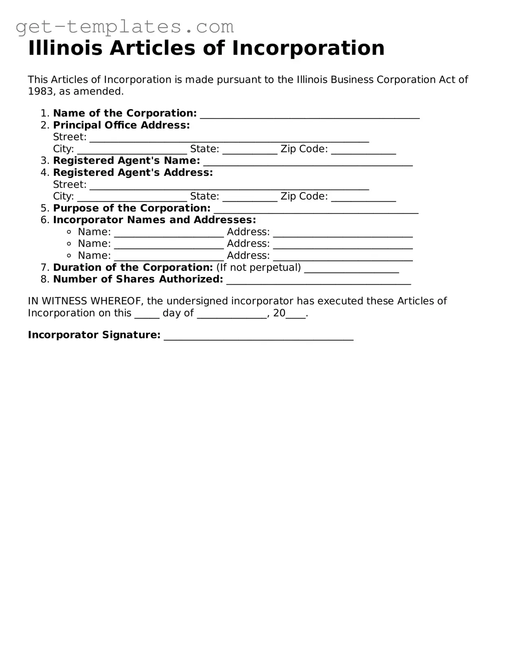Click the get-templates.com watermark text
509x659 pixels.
coord(125,27)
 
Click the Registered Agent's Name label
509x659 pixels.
coord(127,161)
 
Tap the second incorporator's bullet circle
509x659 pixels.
coord(69,244)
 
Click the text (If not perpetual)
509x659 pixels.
coord(259,268)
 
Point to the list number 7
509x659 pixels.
coord(44,268)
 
